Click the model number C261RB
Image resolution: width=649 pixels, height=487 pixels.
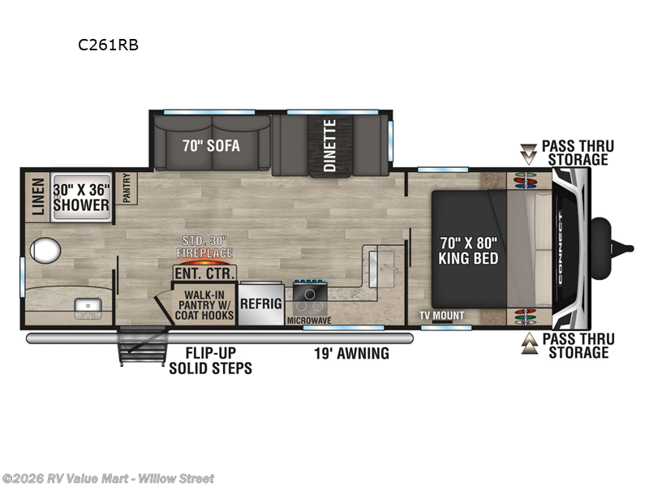point(108,45)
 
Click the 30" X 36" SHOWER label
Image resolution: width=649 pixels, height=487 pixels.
point(81,197)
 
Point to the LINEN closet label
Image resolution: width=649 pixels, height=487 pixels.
point(37,196)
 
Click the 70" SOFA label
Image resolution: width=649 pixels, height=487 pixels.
point(213,147)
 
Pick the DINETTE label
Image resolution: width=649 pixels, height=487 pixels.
point(329,145)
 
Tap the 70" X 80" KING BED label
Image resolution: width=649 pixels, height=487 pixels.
point(468,250)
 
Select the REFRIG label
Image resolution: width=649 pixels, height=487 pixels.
point(260,303)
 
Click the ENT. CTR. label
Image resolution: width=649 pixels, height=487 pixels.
point(204,272)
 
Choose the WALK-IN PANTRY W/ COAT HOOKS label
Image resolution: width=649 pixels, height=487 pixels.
point(204,304)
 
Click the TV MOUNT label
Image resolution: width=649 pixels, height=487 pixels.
point(442,315)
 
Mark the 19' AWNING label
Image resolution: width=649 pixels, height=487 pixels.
point(352,353)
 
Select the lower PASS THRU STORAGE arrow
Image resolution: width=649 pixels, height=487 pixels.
point(529,344)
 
